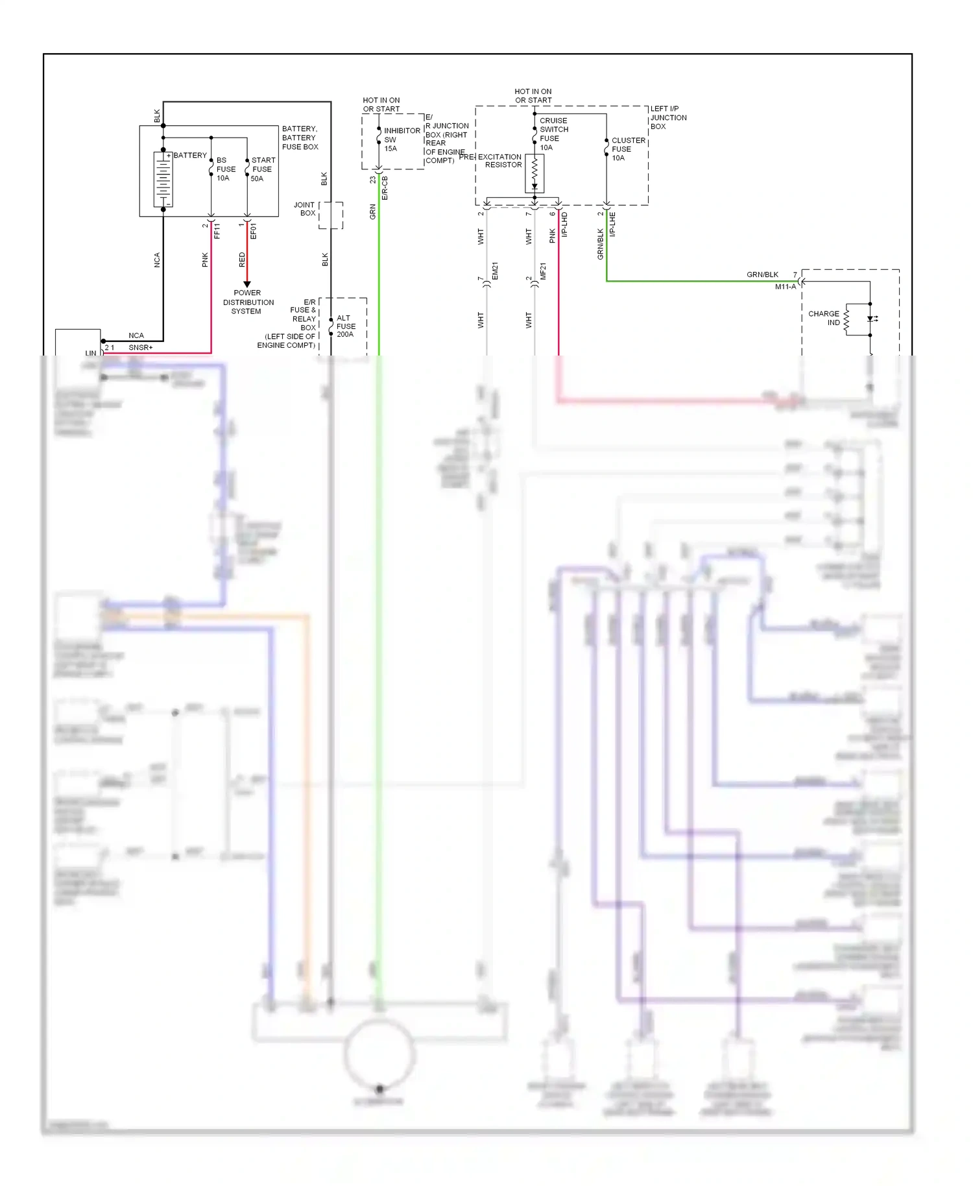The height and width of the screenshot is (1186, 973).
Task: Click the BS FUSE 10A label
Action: (x=225, y=169)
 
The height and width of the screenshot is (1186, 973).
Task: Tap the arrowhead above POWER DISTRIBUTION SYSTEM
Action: (x=246, y=284)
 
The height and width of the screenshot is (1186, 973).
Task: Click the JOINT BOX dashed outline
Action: (x=331, y=215)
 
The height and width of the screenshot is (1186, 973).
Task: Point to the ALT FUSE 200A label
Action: (x=346, y=326)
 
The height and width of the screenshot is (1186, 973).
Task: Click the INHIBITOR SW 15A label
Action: (x=401, y=139)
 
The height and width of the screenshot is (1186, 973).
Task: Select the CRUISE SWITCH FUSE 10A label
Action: (x=553, y=134)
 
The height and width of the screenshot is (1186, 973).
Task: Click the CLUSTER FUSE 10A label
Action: (x=628, y=149)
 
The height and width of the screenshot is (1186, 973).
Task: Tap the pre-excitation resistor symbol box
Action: (x=535, y=173)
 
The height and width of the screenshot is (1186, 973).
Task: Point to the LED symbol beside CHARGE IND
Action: (x=871, y=319)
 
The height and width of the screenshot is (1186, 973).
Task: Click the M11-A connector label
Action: (x=785, y=287)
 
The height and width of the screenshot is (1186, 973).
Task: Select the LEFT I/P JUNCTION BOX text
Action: (x=668, y=117)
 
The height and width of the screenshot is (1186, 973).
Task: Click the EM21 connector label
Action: (x=495, y=271)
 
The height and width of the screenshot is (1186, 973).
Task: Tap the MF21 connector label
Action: (x=544, y=271)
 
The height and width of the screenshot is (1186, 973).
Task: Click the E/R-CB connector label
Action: (x=385, y=188)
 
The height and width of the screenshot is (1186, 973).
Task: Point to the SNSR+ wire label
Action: (x=140, y=348)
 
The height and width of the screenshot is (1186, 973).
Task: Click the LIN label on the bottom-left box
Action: (x=90, y=353)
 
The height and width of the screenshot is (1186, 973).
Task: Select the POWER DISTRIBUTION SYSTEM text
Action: (x=248, y=302)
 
